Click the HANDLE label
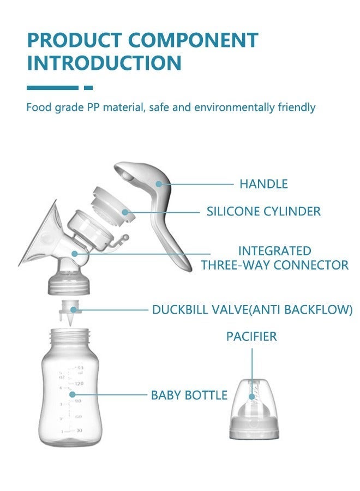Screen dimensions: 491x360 click(263, 184)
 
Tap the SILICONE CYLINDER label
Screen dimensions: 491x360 click(263, 211)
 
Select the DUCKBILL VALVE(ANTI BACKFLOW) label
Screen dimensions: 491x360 click(252, 310)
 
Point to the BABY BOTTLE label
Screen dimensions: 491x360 click(189, 395)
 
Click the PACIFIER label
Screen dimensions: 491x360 click(251, 336)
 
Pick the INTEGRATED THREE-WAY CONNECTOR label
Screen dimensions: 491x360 click(274, 258)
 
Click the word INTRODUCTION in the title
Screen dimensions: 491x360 click(104, 63)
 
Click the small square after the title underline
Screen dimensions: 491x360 click(88, 87)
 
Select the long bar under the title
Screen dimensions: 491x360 click(52, 87)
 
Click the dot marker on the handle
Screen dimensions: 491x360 click(159, 184)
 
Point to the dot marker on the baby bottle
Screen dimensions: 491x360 click(71, 394)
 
